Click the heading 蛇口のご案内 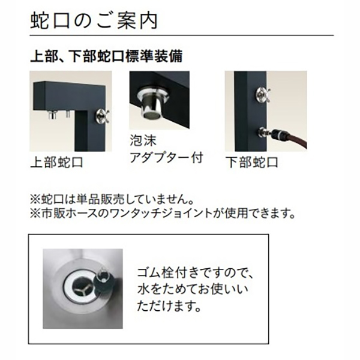coord(94,20)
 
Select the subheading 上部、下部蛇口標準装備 coord(107,56)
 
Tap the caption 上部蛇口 coord(57,163)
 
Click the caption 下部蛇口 coord(252,163)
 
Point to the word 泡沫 coord(143,140)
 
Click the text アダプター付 coord(167,158)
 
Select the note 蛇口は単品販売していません coord(112,200)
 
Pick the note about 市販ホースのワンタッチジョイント coord(163,214)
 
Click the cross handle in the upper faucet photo coord(103,115)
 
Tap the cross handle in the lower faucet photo coord(263,94)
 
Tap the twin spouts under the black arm coord(59,114)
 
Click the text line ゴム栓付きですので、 coord(195,273)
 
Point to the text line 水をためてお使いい coord(193,290)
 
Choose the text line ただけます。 coord(169,306)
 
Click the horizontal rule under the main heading coord(182,35)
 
